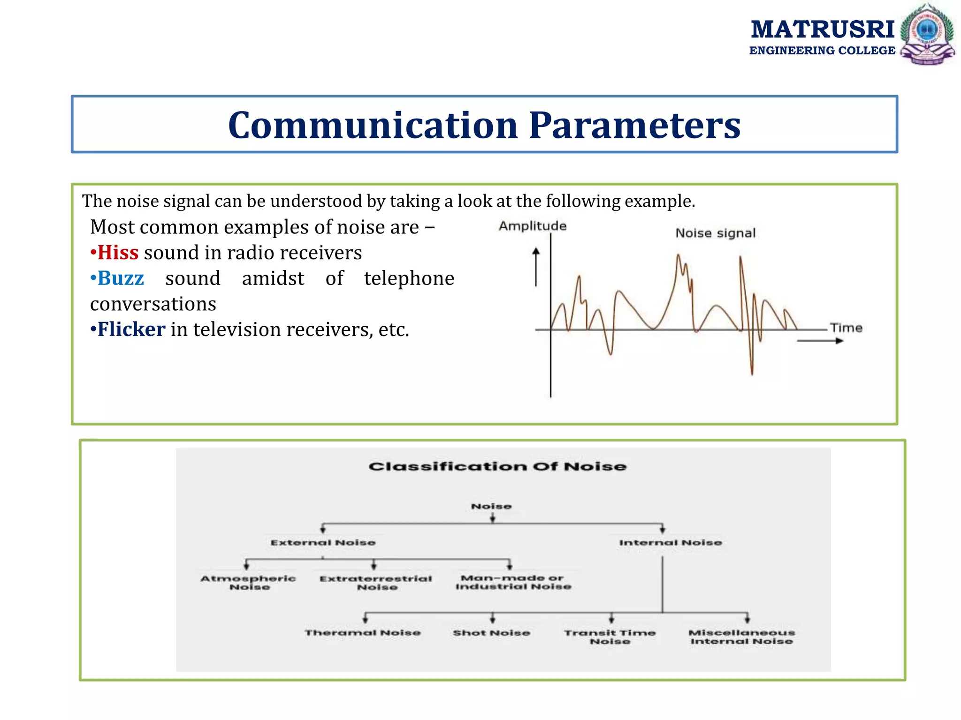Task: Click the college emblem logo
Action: point(927,34)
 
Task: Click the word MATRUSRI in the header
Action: point(822,30)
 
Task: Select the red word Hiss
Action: point(118,253)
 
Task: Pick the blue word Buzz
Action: point(120,278)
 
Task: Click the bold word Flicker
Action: point(131,330)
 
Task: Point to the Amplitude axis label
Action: point(532,226)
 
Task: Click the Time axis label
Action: point(846,328)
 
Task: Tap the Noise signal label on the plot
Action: point(715,233)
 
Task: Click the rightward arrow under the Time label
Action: point(820,341)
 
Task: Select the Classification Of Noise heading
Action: point(497,466)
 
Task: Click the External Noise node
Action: point(323,543)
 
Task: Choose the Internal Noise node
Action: point(670,543)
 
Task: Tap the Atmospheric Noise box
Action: point(248,583)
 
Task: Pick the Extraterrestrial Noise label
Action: point(376,583)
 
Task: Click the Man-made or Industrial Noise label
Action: point(513,582)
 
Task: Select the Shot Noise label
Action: point(491,633)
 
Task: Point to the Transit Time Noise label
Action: point(610,637)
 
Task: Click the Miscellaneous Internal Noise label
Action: point(741,637)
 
